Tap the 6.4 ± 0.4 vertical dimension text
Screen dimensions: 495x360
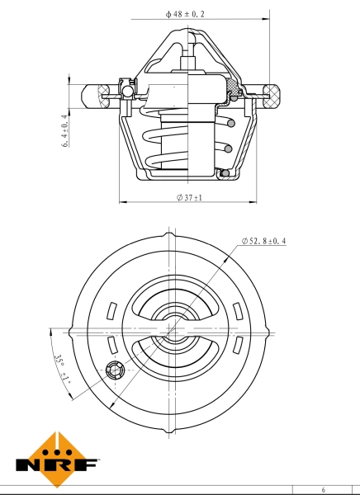click(65, 130)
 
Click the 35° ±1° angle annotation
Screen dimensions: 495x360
click(61, 370)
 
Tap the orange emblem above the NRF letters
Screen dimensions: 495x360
click(57, 450)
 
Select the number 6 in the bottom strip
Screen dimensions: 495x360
click(324, 489)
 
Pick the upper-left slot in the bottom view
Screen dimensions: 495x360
click(112, 310)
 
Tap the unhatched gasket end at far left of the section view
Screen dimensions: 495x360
click(92, 97)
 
